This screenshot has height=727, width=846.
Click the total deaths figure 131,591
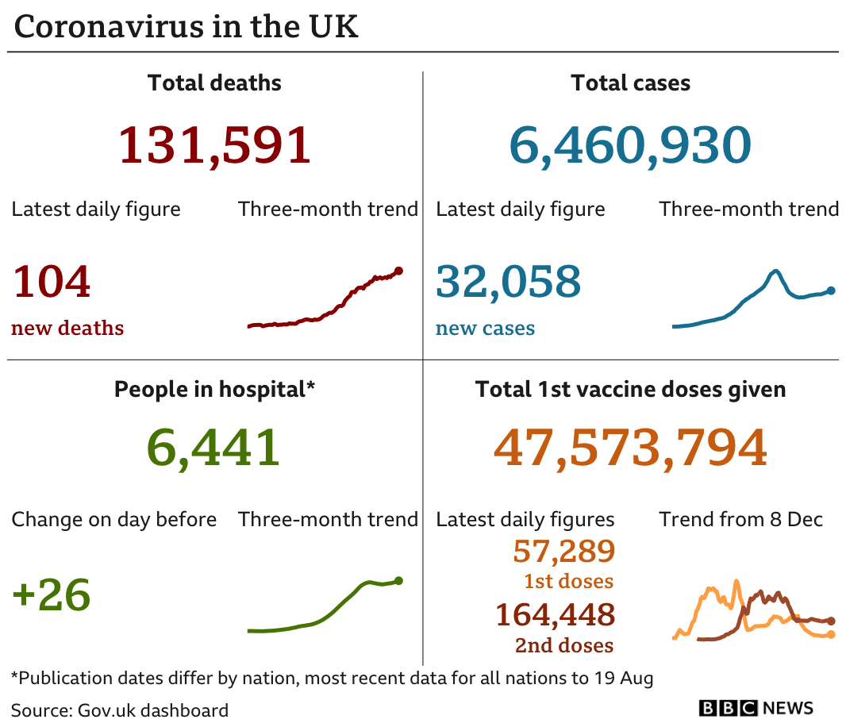pyautogui.click(x=214, y=146)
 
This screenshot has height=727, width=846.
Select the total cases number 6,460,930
pyautogui.click(x=629, y=146)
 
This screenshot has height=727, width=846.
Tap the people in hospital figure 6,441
pyautogui.click(x=213, y=448)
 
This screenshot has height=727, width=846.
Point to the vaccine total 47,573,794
pyautogui.click(x=630, y=448)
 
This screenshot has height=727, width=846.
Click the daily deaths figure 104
pyautogui.click(x=52, y=282)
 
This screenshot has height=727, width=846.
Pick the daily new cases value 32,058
pyautogui.click(x=509, y=282)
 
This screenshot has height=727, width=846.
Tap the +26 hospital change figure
pyautogui.click(x=52, y=594)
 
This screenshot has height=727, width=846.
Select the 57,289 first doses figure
pyautogui.click(x=563, y=550)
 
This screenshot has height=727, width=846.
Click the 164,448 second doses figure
pyautogui.click(x=555, y=614)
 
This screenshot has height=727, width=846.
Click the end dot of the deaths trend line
pyautogui.click(x=398, y=271)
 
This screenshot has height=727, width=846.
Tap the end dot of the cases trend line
pyautogui.click(x=831, y=290)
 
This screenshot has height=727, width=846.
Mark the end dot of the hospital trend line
pyautogui.click(x=398, y=581)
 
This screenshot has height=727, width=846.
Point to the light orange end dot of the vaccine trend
pyautogui.click(x=831, y=634)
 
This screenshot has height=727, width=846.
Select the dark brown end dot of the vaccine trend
pyautogui.click(x=831, y=621)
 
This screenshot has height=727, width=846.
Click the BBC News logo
pyautogui.click(x=756, y=708)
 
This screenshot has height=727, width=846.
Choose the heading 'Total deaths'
pyautogui.click(x=214, y=83)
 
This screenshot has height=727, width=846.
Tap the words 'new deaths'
pyautogui.click(x=67, y=328)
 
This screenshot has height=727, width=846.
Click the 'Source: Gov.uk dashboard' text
pyautogui.click(x=120, y=710)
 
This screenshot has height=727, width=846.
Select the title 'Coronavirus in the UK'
pyautogui.click(x=187, y=27)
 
